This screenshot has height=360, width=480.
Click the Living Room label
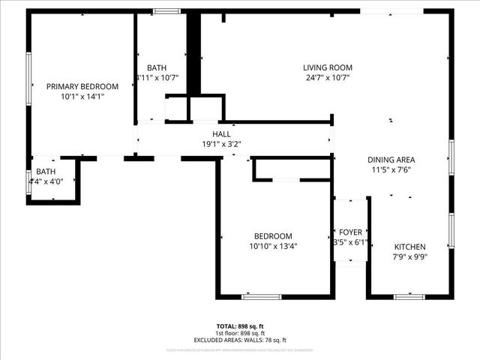coord(328,67)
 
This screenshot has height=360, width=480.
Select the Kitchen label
coord(410,247)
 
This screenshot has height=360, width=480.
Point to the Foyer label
coord(350,232)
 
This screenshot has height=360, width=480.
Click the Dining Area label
coord(391,160)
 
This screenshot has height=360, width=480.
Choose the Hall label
coord(221,134)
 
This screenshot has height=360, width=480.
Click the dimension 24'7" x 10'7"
coord(328,77)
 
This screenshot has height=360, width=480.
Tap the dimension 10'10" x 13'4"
coord(273,246)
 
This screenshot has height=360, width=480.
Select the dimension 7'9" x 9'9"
coord(410,257)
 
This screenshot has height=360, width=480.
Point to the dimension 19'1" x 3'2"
coord(221,144)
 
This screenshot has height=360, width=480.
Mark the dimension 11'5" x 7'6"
coord(391,169)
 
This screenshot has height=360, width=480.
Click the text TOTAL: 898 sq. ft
coord(240,326)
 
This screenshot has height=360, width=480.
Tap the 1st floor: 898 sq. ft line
coord(240,332)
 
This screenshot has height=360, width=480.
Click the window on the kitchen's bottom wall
coord(409,297)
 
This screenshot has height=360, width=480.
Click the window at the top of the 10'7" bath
coord(166,11)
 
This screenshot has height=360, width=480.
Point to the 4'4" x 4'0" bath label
coord(46,172)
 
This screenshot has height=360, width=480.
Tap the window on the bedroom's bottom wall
coord(261,297)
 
